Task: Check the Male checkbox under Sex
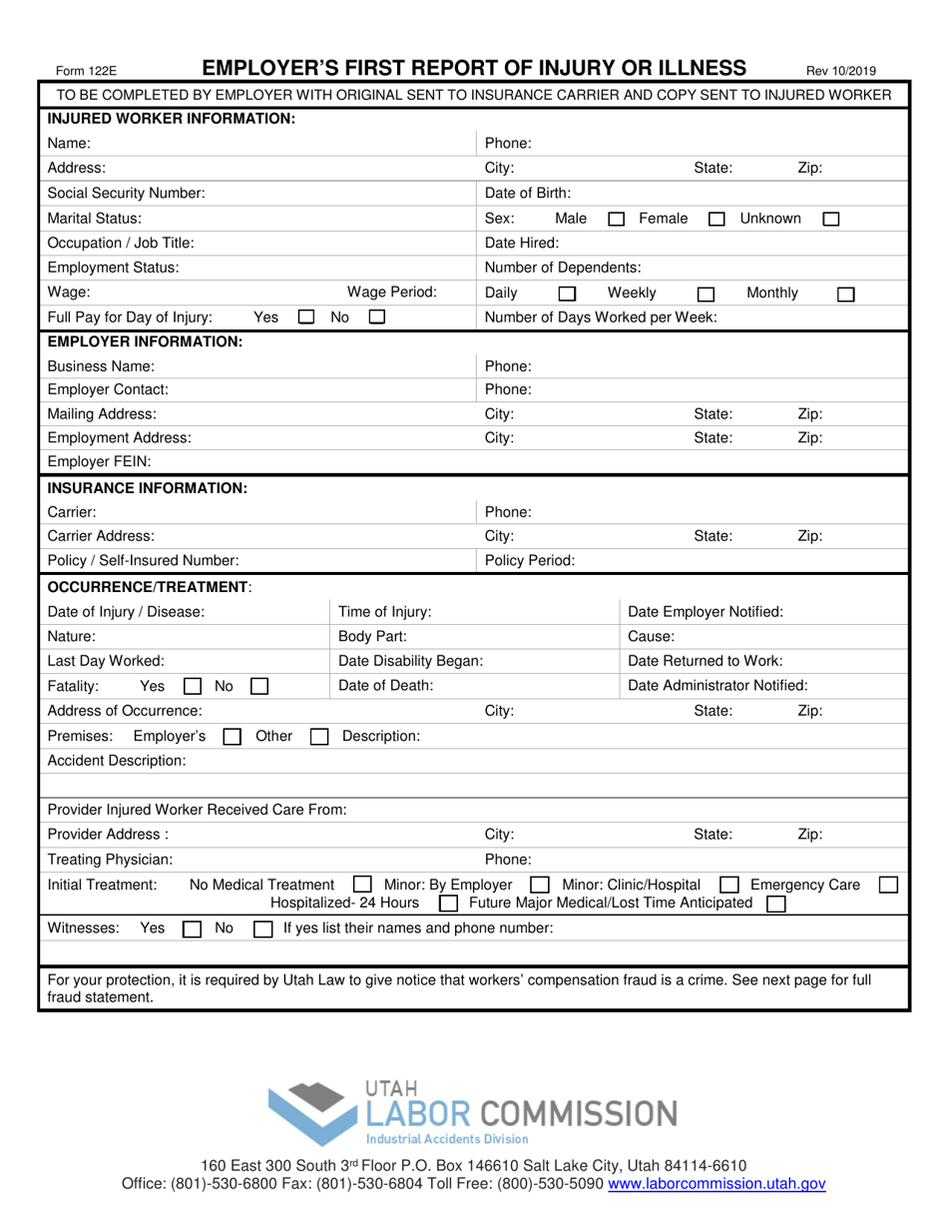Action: point(617,219)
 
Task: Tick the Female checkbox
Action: point(715,219)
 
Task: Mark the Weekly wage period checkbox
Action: point(706,295)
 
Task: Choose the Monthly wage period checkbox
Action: point(845,295)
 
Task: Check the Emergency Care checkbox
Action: point(887,885)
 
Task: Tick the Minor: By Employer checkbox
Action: point(540,885)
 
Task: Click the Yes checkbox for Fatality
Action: point(192,687)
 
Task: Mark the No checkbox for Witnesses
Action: point(262,929)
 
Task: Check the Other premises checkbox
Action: point(319,737)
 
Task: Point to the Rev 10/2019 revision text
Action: point(841,71)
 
